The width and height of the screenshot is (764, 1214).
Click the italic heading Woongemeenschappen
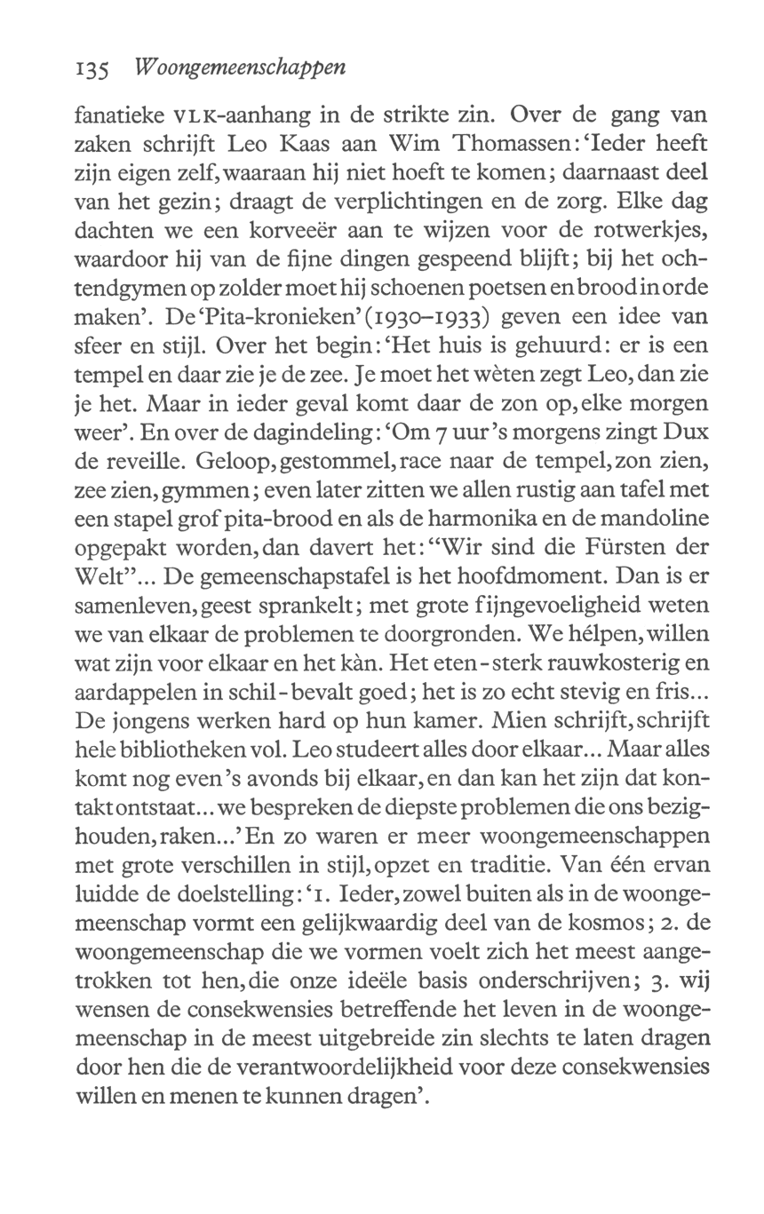click(238, 68)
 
